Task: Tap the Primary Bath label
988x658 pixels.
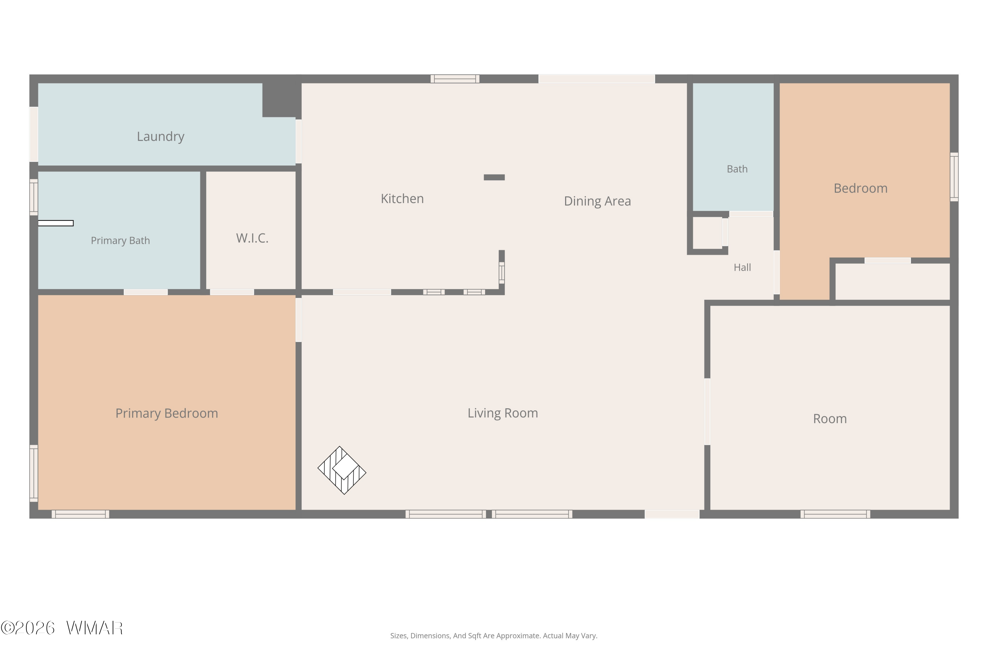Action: [120, 240]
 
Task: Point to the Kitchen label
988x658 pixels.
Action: [402, 198]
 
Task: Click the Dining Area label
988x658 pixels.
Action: [597, 201]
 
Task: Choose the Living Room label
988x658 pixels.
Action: [503, 413]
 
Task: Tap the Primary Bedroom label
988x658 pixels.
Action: [167, 413]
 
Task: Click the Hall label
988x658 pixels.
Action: [742, 267]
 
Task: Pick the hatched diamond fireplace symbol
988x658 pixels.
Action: [342, 470]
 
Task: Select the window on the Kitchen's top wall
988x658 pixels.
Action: [455, 79]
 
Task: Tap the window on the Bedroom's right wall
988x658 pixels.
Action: [954, 177]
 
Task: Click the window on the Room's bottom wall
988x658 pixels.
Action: [835, 514]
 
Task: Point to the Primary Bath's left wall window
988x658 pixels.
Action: [34, 197]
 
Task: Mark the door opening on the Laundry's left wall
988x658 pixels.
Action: [34, 134]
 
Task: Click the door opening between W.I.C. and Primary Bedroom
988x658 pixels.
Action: [232, 292]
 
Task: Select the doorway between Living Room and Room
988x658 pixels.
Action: [707, 412]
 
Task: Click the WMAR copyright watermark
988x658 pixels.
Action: [62, 628]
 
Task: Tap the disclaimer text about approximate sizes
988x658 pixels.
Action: [494, 636]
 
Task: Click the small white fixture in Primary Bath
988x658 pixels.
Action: [56, 223]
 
